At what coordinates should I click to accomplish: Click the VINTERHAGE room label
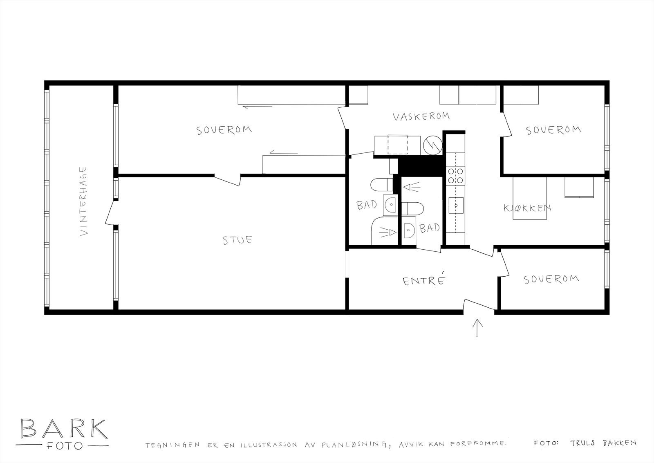[x=84, y=201]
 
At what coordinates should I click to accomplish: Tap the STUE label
[x=237, y=239]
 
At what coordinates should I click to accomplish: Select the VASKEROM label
[x=421, y=116]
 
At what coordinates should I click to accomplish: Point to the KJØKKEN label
[x=527, y=208]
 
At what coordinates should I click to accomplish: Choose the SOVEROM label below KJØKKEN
[x=551, y=279]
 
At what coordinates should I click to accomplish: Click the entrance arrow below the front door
[x=477, y=328]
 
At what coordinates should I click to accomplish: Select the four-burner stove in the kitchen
[x=455, y=175]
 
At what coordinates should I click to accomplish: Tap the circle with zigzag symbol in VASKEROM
[x=433, y=145]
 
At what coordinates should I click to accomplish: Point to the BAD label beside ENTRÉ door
[x=430, y=228]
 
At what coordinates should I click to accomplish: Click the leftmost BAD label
[x=367, y=204]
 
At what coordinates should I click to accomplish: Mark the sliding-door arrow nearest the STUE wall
[x=283, y=154]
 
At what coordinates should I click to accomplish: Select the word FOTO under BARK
[x=63, y=445]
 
